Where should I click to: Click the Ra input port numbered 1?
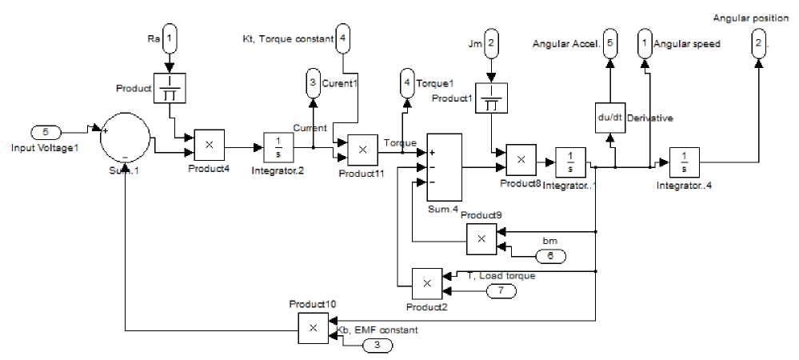[x=169, y=38]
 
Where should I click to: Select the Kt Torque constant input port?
[x=342, y=38]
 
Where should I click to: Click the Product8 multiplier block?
[x=521, y=160]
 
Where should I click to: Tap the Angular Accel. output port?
[x=610, y=43]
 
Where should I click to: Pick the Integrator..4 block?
[x=684, y=166]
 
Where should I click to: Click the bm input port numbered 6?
[x=551, y=256]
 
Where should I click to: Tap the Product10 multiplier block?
[x=313, y=326]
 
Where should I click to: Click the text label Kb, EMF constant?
[x=375, y=330]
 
